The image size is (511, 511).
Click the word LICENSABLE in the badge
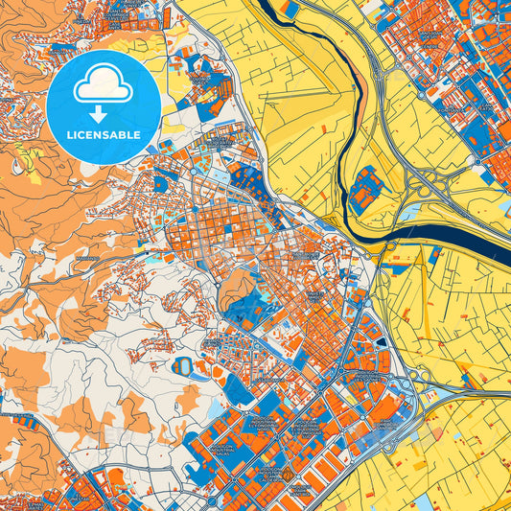[x=103, y=135]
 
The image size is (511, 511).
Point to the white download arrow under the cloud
[x=103, y=113]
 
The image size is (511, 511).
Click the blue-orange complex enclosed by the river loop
[x=365, y=191]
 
